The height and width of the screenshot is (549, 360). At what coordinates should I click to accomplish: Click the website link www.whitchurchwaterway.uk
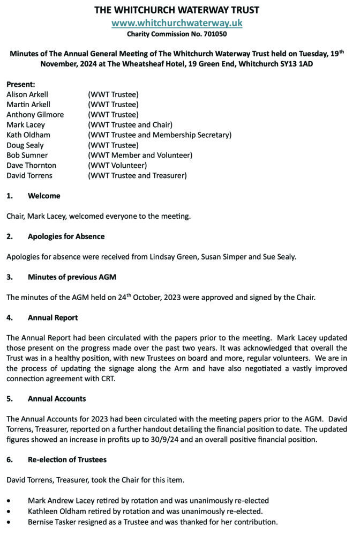(x=177, y=23)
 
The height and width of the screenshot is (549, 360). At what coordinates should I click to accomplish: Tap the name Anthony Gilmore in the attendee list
(x=35, y=114)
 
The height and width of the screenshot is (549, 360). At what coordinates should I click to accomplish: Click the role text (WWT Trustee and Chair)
(x=130, y=124)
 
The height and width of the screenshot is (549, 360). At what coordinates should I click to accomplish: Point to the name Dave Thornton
(x=31, y=165)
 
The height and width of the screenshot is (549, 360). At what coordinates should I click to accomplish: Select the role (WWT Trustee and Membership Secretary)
(x=160, y=135)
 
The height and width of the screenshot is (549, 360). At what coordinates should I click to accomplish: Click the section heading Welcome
(x=44, y=196)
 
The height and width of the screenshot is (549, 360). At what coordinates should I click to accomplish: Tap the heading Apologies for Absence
(x=66, y=236)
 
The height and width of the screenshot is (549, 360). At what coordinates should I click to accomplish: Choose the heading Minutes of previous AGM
(x=72, y=277)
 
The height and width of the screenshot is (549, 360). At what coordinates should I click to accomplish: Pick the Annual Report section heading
(x=52, y=317)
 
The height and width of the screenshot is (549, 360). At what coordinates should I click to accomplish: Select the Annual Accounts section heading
(x=57, y=398)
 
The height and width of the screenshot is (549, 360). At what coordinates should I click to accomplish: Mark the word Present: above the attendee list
(x=21, y=84)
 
